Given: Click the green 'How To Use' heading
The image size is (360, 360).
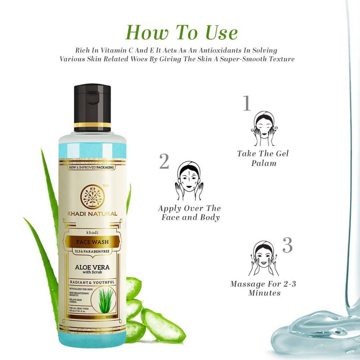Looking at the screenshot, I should pos(181,32).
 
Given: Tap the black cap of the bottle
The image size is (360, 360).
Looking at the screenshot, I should pos(93,104).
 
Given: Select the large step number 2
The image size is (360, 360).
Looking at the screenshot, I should pos(164,162).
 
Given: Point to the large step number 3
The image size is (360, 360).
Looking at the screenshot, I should pos(287,245).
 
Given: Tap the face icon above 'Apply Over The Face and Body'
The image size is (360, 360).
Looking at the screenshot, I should pos(189,180).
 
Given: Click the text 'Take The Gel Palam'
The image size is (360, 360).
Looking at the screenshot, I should pos(263,158).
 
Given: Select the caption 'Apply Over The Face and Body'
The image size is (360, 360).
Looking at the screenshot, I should pos(189,213).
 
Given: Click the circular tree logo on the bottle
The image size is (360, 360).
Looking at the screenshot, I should pos(92,196).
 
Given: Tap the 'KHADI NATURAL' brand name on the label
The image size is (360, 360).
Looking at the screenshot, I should pos(92,214).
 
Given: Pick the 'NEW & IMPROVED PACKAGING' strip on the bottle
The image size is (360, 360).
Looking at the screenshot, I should pos(92,167).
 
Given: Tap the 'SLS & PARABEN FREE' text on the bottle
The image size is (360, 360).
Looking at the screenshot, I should pos(92,251).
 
